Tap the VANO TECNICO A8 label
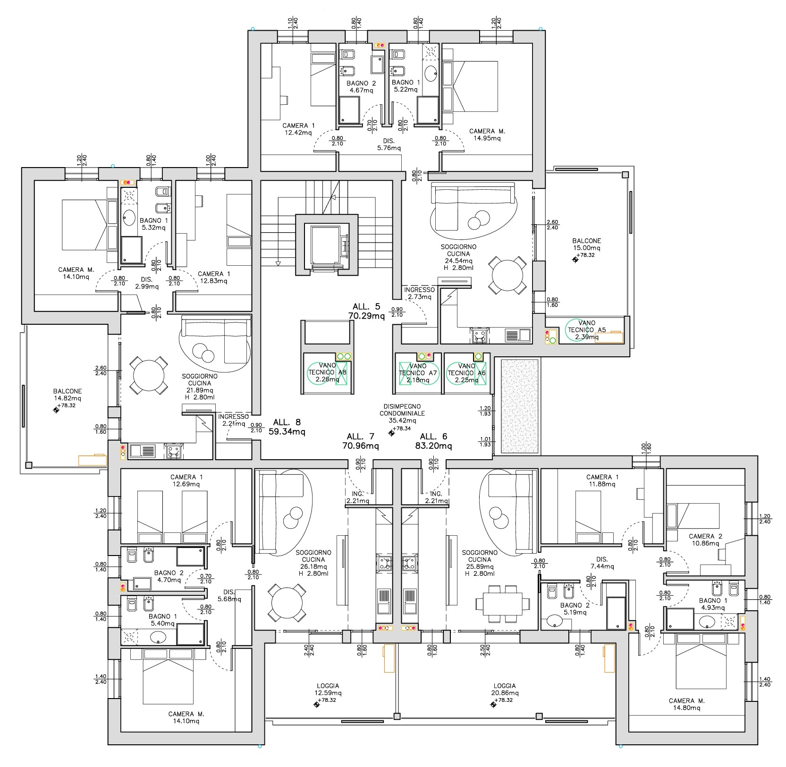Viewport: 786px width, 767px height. coord(327,372)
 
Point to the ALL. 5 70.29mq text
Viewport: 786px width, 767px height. coord(366,312)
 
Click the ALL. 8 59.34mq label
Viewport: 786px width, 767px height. coord(287,427)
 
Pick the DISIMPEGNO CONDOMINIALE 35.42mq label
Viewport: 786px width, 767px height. coord(402,413)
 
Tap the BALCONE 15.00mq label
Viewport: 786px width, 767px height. coord(586,244)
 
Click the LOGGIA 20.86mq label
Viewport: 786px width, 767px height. coord(504,690)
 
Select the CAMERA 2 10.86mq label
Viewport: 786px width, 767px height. coord(705,540)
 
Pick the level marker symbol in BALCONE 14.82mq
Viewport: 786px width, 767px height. coord(56,410)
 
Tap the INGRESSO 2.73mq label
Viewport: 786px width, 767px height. coord(419,293)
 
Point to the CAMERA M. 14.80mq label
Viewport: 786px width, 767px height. coord(686,704)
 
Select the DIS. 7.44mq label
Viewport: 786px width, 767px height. coord(602,563)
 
